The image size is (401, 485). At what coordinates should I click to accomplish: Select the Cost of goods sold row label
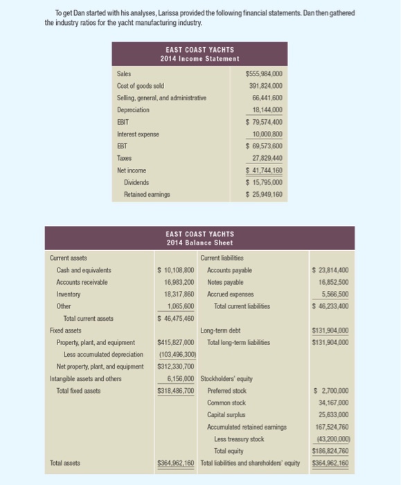point(141,86)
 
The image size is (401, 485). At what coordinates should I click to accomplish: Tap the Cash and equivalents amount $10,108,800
point(176,270)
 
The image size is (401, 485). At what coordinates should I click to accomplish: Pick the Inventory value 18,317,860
point(177,294)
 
